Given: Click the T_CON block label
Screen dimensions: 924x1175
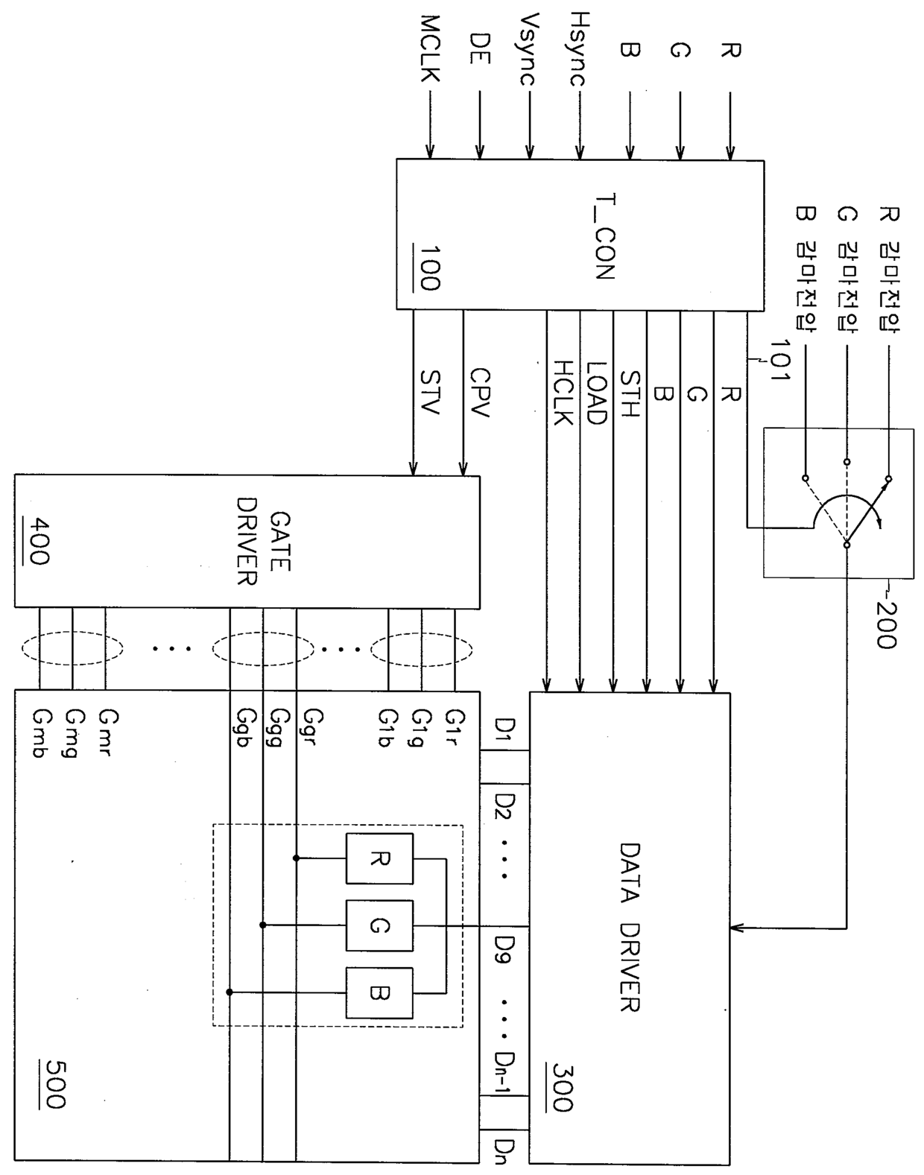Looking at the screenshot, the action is [605, 236].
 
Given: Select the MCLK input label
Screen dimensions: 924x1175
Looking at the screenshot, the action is [430, 48].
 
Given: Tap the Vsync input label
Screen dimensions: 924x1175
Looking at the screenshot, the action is [528, 50].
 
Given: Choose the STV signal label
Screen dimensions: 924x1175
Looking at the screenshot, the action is [430, 393].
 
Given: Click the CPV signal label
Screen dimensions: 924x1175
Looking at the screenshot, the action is [480, 393].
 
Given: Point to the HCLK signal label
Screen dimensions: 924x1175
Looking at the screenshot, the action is [563, 393].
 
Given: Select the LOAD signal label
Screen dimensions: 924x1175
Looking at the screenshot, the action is [596, 393].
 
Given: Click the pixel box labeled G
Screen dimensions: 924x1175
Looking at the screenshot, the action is [379, 925].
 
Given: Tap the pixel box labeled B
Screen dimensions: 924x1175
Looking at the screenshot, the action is [379, 992].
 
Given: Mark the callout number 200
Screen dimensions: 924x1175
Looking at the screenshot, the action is [885, 624].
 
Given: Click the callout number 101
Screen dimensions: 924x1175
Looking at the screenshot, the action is [779, 360].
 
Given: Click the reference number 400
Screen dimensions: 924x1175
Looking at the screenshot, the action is [39, 541].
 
